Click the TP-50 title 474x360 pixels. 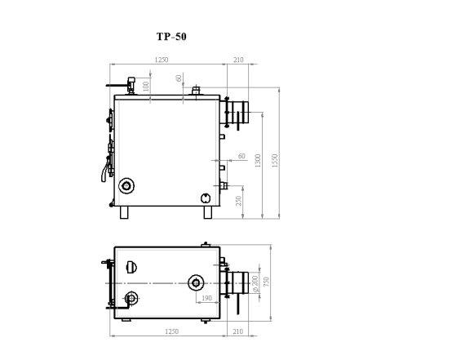171,37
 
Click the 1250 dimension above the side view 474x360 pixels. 161,60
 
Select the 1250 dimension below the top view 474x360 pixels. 171,331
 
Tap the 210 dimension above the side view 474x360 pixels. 238,60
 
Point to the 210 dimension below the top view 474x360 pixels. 238,331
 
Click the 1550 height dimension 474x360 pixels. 274,161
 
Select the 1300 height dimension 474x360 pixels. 258,161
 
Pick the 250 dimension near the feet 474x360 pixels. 238,201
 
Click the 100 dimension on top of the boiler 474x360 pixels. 146,87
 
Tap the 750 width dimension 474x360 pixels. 266,282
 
